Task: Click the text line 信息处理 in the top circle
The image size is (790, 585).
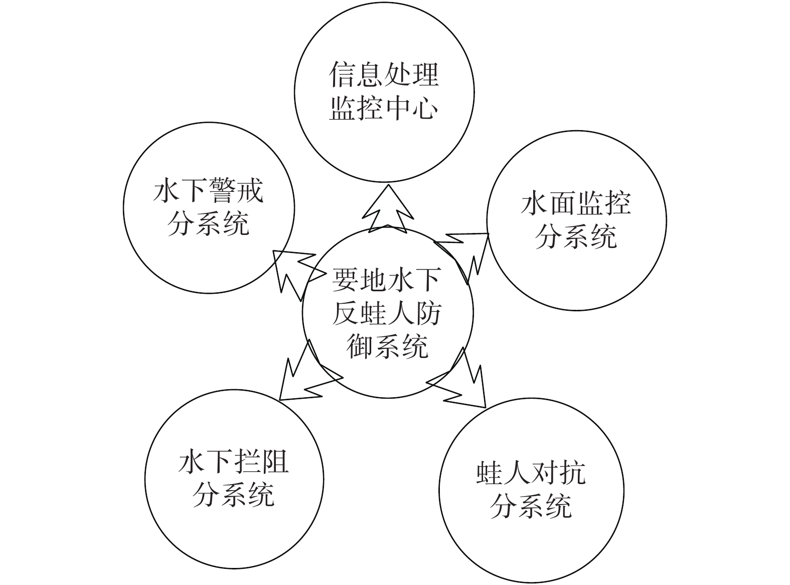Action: click(x=384, y=74)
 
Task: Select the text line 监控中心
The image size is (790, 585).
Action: click(x=384, y=107)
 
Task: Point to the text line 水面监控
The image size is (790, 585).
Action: click(x=576, y=204)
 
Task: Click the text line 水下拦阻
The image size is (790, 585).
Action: click(x=234, y=462)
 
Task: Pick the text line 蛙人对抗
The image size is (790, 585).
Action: click(x=531, y=474)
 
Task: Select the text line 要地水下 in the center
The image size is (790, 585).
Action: click(x=387, y=280)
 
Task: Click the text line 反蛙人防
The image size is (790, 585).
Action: click(x=387, y=313)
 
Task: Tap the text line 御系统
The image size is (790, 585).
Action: click(x=387, y=346)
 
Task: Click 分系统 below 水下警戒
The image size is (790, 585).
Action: click(x=208, y=224)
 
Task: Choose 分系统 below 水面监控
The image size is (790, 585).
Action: click(x=576, y=237)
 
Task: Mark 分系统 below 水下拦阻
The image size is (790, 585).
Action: click(x=234, y=495)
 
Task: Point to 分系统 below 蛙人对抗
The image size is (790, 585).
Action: click(x=531, y=507)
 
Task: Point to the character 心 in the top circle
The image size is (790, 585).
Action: click(x=425, y=107)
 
